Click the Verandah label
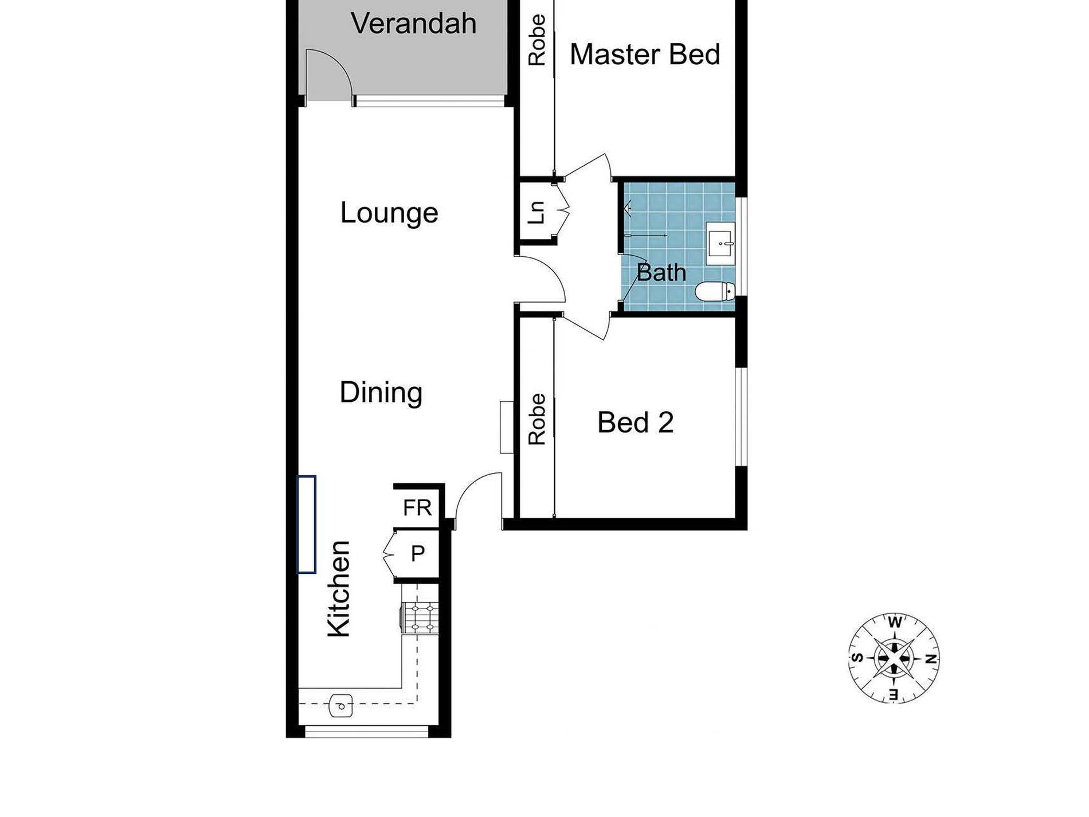(x=413, y=24)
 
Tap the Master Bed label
(x=645, y=54)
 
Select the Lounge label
(x=389, y=213)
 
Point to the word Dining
(x=381, y=393)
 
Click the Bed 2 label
(x=635, y=423)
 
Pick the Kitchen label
(x=339, y=588)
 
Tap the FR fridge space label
(x=417, y=507)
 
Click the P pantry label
(x=418, y=554)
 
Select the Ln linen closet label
(x=537, y=212)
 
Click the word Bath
(x=661, y=272)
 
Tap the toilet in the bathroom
(x=715, y=291)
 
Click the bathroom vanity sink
(x=720, y=244)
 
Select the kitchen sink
(x=341, y=706)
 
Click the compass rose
(x=894, y=658)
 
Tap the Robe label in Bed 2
(x=537, y=419)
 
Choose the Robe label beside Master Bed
(x=537, y=40)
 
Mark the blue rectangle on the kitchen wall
(x=307, y=524)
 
